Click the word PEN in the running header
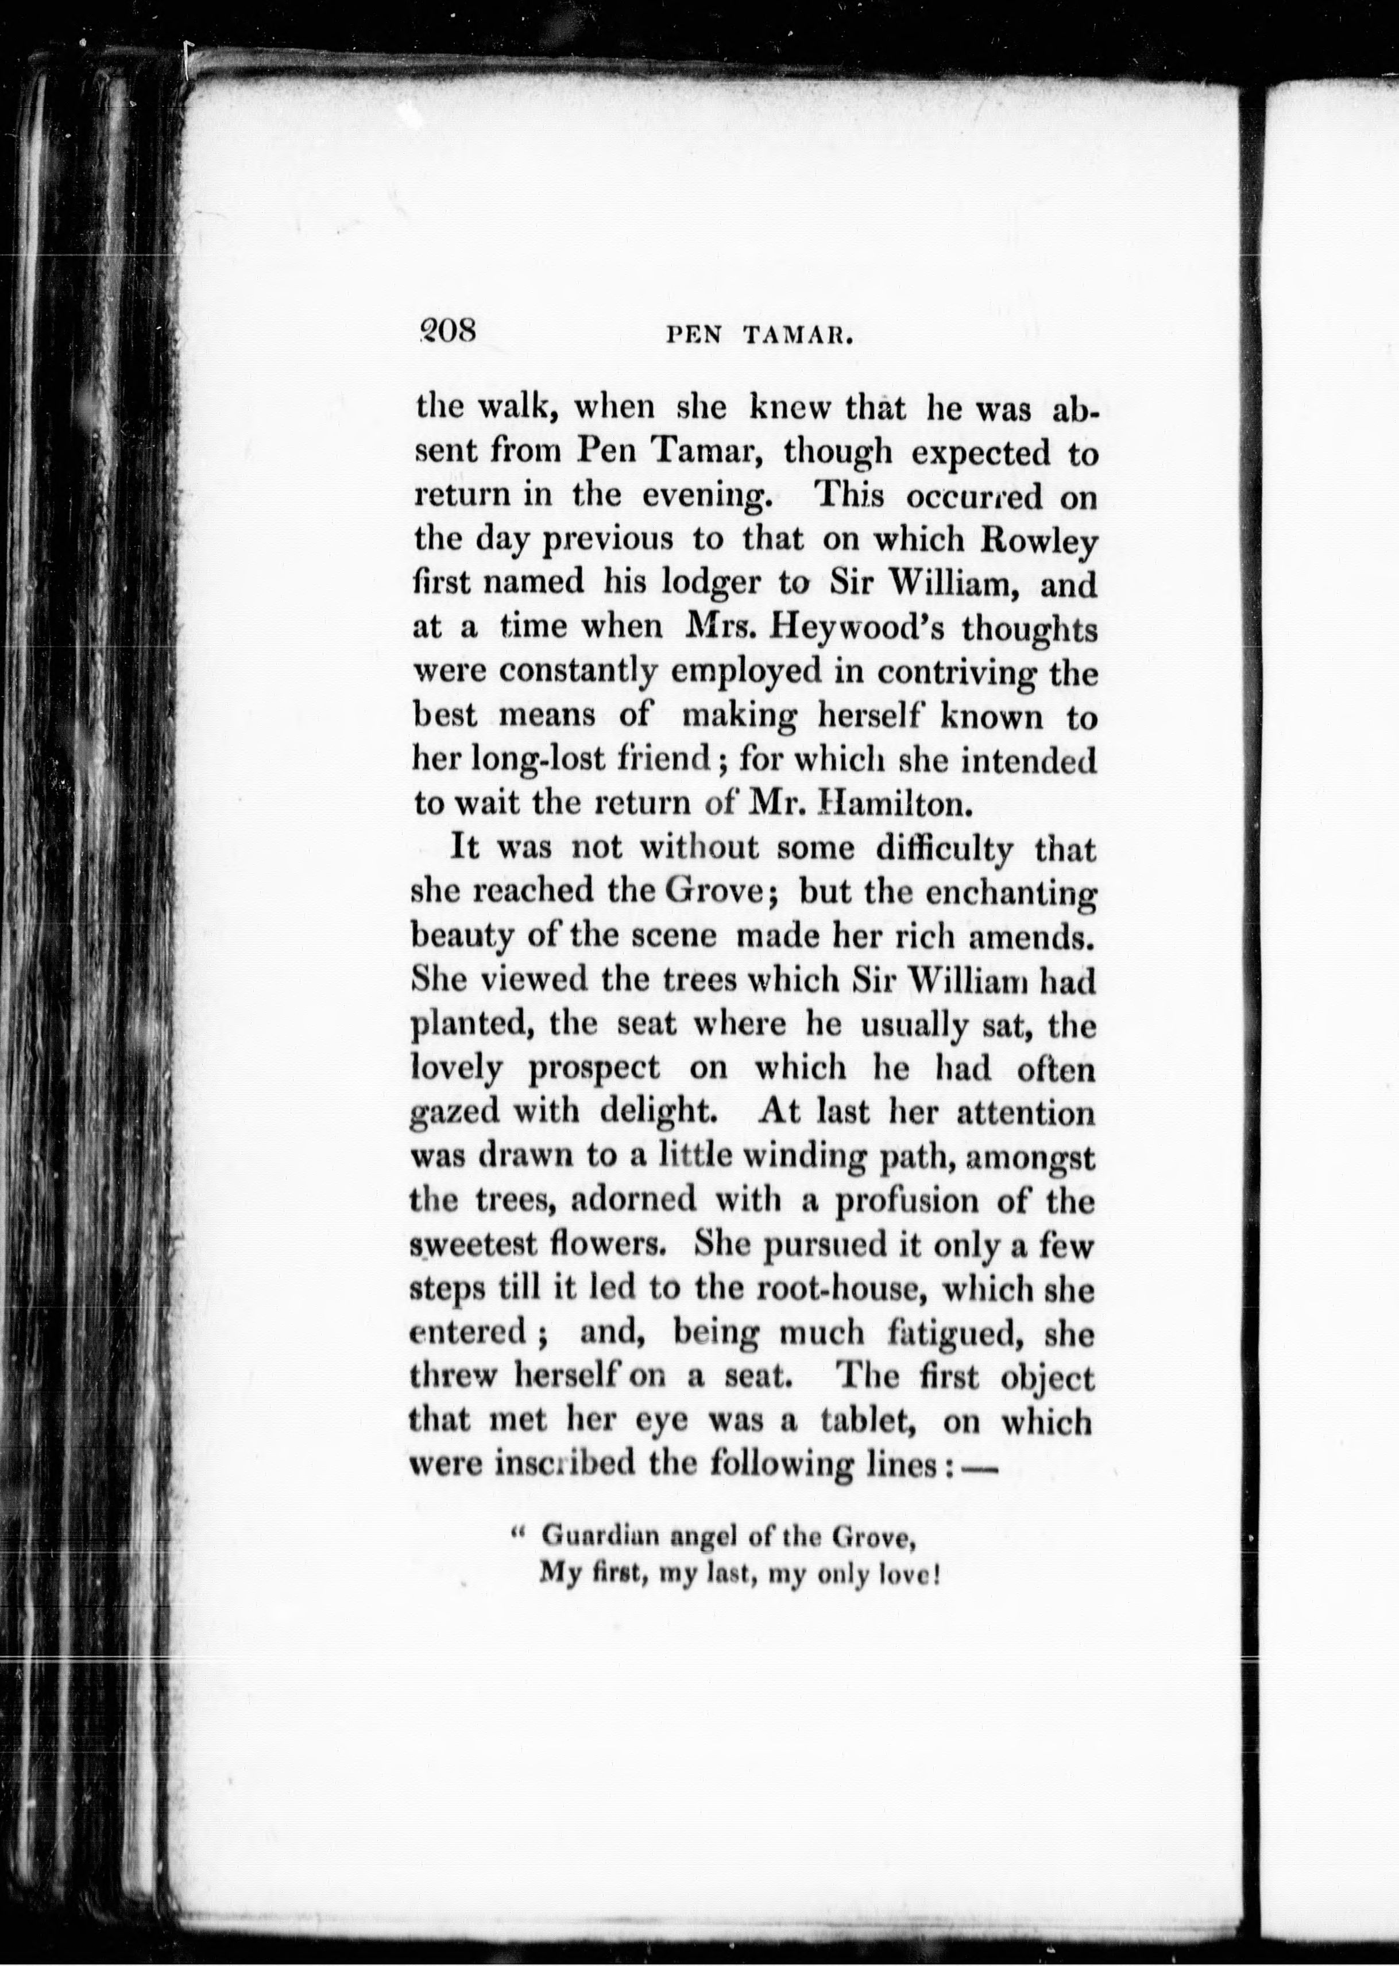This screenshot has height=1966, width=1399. (x=694, y=336)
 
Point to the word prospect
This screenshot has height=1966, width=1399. (x=594, y=1070)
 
